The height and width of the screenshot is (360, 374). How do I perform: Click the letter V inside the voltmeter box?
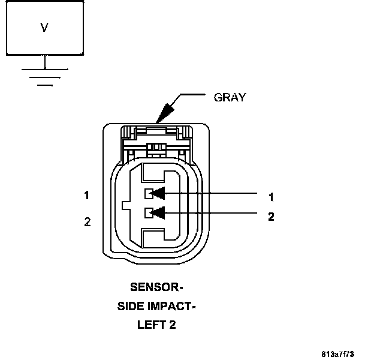(x=44, y=27)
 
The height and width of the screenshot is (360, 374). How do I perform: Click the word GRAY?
(x=230, y=98)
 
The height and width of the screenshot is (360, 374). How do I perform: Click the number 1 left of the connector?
(x=87, y=195)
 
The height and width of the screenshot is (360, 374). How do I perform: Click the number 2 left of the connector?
(x=87, y=222)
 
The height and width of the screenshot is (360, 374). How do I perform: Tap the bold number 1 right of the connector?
(x=271, y=197)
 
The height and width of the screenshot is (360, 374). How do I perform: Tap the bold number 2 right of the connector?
(x=271, y=217)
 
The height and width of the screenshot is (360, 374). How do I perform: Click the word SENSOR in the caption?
(x=154, y=287)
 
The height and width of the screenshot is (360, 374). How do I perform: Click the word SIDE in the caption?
(x=129, y=307)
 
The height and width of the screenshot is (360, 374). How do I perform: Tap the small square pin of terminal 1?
(x=147, y=193)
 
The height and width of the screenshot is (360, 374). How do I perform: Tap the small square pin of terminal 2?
(x=147, y=212)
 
